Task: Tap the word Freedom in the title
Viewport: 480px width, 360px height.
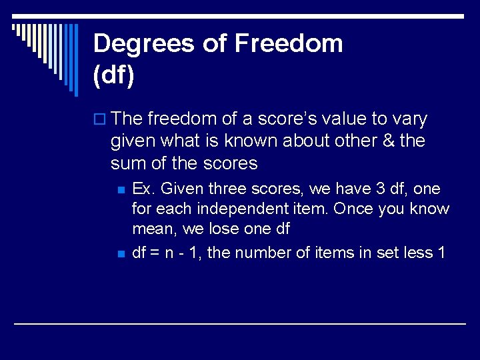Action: pos(289,44)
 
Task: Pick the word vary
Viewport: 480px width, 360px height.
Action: pos(410,119)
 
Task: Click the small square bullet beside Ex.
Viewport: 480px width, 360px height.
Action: pos(121,190)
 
